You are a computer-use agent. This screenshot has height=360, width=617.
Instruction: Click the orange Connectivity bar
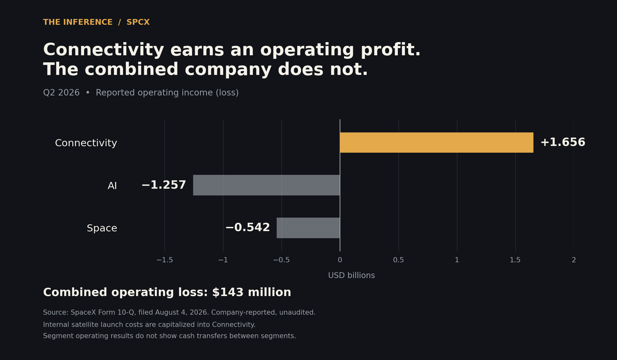(x=436, y=142)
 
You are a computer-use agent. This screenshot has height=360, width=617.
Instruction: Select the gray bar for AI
(x=266, y=185)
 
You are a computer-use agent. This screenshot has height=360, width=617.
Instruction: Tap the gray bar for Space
(x=308, y=228)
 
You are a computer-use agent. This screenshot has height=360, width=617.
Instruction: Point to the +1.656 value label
(x=563, y=142)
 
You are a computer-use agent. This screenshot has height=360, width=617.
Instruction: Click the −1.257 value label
(x=164, y=185)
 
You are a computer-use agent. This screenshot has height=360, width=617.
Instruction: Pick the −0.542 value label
(x=248, y=228)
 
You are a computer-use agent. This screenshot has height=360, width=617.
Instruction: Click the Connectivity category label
(x=86, y=143)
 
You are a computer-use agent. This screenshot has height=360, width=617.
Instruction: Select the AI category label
(x=112, y=186)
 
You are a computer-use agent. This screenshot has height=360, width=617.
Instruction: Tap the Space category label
(x=102, y=229)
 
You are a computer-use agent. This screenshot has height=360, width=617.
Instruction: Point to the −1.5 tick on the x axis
(x=165, y=260)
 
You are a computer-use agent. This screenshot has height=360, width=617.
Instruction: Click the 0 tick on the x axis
(x=340, y=260)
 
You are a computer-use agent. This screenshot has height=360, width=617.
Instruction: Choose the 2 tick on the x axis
(x=574, y=260)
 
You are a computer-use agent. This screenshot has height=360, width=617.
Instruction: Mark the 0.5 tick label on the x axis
(x=398, y=260)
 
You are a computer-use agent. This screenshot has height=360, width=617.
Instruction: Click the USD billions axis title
(x=352, y=275)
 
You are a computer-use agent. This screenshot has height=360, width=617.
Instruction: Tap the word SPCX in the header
(x=138, y=22)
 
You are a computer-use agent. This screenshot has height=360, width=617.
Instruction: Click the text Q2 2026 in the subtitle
(x=61, y=93)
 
